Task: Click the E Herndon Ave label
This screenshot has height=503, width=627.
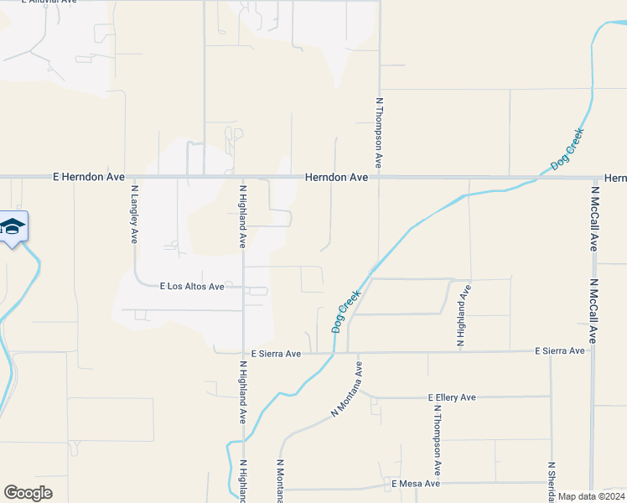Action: click(88, 178)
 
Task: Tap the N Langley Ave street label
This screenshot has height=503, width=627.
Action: click(134, 215)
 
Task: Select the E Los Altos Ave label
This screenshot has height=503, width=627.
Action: click(192, 287)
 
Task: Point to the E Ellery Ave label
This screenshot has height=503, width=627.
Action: click(451, 397)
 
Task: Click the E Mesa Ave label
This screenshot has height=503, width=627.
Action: click(415, 484)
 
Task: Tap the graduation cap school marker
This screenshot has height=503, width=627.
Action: click(13, 226)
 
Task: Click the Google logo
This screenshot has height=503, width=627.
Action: click(28, 493)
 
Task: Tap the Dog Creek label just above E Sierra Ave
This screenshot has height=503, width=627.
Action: click(346, 312)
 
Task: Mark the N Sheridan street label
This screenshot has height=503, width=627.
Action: click(551, 482)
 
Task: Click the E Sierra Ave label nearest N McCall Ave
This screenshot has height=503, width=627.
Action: click(559, 350)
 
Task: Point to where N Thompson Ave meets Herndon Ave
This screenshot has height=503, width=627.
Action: click(379, 177)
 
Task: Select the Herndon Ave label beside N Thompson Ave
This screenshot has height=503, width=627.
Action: click(336, 178)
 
